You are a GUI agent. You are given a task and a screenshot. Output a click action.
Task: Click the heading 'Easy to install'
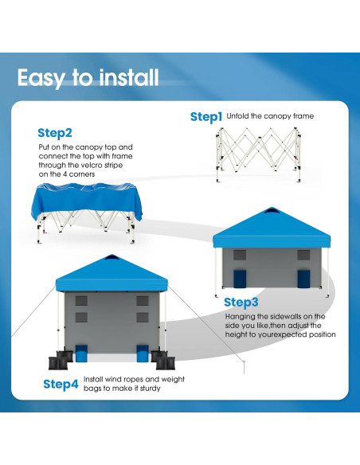pos(88,77)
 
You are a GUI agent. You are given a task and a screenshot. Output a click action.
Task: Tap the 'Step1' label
pos(206,117)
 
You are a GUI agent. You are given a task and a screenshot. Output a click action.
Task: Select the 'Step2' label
pos(55,133)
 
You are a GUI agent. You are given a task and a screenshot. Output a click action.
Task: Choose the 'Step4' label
pos(61,385)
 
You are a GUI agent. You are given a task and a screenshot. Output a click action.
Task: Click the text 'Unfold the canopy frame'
pos(270,116)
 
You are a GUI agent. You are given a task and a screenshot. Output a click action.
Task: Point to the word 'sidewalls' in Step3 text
pos(288,317)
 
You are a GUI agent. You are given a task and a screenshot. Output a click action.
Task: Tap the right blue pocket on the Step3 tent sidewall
pos(303,278)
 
